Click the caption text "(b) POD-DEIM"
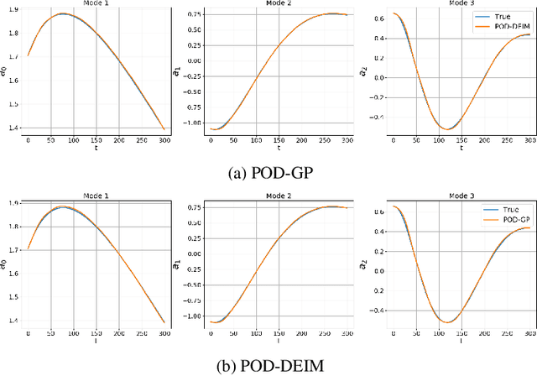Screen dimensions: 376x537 (268, 363)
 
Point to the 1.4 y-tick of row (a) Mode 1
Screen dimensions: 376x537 (15, 128)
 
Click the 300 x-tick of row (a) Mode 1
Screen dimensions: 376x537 (162, 140)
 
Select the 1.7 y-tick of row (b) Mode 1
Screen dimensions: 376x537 (15, 249)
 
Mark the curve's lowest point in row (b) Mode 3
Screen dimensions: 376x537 (446, 322)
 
